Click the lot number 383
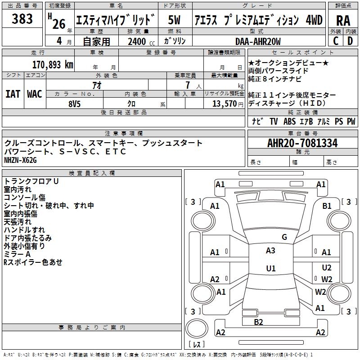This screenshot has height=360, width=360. (22, 19)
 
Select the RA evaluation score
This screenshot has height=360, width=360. (343, 21)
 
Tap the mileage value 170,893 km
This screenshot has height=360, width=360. (53, 65)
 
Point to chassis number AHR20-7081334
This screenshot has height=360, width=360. (302, 143)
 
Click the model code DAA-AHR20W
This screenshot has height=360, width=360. (258, 41)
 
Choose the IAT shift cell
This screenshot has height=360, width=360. (13, 94)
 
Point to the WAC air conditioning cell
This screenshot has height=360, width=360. (35, 94)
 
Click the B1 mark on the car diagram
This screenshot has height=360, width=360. (327, 206)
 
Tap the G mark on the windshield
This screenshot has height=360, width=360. (284, 237)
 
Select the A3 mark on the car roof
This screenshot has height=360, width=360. (270, 251)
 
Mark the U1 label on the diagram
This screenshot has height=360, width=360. (270, 269)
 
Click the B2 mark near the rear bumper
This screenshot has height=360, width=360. (258, 322)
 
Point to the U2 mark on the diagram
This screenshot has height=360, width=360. (327, 268)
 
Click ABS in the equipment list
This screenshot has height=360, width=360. (289, 121)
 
